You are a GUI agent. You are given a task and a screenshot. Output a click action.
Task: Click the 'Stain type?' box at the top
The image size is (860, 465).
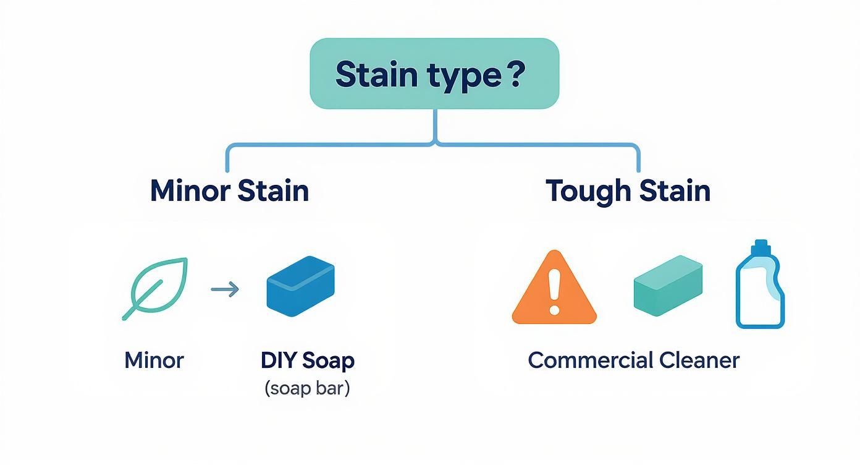[434, 73]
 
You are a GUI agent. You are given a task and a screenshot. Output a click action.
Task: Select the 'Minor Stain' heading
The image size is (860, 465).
[229, 190]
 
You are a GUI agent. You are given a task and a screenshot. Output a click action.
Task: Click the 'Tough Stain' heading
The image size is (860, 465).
[628, 190]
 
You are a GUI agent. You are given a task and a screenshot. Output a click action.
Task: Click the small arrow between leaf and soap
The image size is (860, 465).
[225, 289]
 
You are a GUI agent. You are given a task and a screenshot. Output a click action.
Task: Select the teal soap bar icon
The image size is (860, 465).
[668, 285]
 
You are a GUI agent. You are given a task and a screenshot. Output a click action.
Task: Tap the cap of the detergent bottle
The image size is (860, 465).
[761, 247]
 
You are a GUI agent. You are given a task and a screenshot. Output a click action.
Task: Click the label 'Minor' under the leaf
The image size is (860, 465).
[154, 360]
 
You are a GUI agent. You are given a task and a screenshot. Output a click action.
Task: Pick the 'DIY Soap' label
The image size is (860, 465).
[308, 360]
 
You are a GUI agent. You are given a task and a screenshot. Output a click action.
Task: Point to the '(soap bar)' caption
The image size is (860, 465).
[307, 388]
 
